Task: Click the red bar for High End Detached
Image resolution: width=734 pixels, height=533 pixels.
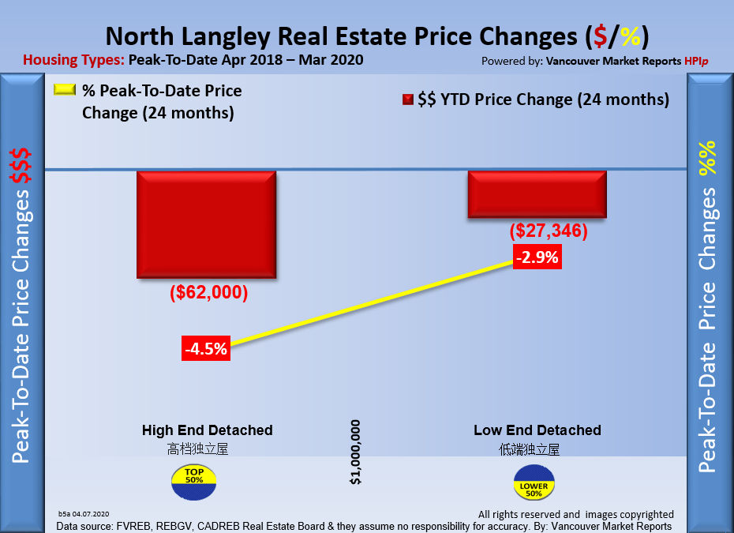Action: click(x=206, y=224)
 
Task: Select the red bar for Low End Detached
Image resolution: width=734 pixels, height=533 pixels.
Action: click(x=537, y=194)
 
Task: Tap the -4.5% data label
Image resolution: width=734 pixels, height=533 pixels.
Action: click(x=206, y=347)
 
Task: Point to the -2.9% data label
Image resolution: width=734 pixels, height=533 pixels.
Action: click(x=537, y=257)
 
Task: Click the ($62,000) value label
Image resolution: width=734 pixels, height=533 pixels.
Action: click(x=209, y=293)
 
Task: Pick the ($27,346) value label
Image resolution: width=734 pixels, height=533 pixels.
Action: click(x=549, y=231)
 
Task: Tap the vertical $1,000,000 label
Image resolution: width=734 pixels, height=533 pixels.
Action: click(x=356, y=452)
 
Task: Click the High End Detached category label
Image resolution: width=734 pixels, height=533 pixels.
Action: click(x=207, y=430)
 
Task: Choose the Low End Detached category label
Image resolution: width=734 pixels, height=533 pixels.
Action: click(x=537, y=430)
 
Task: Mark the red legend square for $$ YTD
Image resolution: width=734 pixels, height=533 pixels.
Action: click(x=408, y=100)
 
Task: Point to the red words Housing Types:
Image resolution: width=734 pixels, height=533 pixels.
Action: click(x=74, y=60)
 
